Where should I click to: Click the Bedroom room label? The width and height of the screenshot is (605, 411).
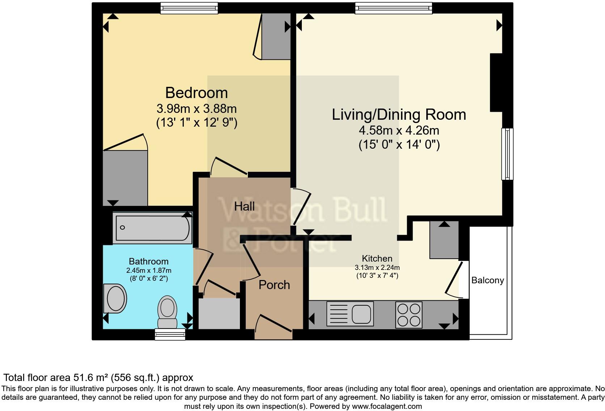tap(196, 93)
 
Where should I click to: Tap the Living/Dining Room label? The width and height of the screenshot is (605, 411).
tap(399, 114)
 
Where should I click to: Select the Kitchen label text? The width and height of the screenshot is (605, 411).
tap(377, 258)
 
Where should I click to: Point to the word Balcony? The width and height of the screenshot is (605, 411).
tap(487, 280)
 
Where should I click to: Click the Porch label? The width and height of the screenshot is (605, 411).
tap(274, 285)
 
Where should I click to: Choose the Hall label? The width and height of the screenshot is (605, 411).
tap(244, 206)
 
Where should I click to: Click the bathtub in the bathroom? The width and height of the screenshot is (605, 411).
tap(153, 228)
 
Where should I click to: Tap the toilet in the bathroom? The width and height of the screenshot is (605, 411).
tap(168, 312)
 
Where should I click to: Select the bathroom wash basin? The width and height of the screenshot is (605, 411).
tap(115, 298)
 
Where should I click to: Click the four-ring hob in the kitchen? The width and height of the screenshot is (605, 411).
tap(409, 315)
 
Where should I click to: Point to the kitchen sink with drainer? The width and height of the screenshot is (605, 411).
tap(350, 314)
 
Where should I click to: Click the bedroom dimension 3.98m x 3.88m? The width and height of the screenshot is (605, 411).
tap(196, 109)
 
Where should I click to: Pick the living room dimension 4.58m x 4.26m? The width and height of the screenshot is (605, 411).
tap(399, 131)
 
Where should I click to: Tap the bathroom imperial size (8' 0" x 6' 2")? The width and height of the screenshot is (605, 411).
tap(149, 279)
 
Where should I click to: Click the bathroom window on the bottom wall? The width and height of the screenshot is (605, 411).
tap(170, 334)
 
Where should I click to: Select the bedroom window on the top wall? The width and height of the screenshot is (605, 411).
tap(189, 8)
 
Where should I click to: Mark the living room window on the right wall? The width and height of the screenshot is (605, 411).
tap(507, 154)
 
